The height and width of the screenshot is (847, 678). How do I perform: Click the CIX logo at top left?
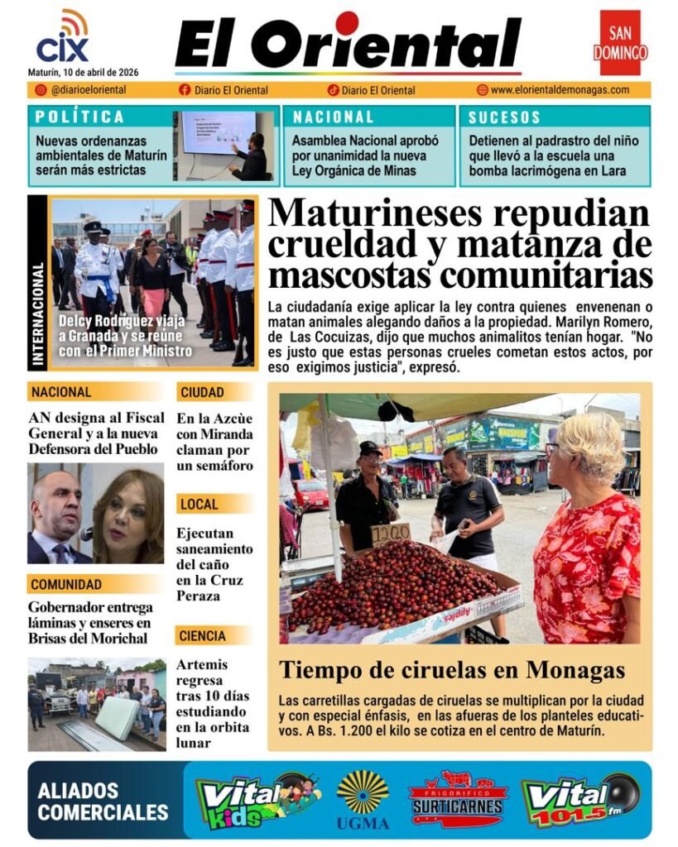pos(63,39)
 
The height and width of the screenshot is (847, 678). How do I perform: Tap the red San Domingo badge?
pos(620,43)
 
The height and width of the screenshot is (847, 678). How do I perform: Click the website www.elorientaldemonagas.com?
pos(560,90)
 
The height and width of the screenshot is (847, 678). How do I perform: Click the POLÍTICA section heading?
pos(80,117)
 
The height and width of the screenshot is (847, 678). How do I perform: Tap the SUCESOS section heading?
pos(504,117)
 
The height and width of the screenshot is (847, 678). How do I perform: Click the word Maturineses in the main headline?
pos(374,213)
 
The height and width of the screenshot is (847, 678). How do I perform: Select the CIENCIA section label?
pos(201,636)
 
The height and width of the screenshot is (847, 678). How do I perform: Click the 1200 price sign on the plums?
pos(390,534)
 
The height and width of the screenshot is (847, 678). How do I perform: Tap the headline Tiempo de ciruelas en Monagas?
pos(451,670)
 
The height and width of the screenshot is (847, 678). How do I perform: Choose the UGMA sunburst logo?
pos(363,797)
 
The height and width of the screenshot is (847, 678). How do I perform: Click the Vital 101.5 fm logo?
pos(579,799)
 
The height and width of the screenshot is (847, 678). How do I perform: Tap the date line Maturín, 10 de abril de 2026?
pos(84,72)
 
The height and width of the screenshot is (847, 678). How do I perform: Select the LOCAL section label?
pos(199,504)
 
